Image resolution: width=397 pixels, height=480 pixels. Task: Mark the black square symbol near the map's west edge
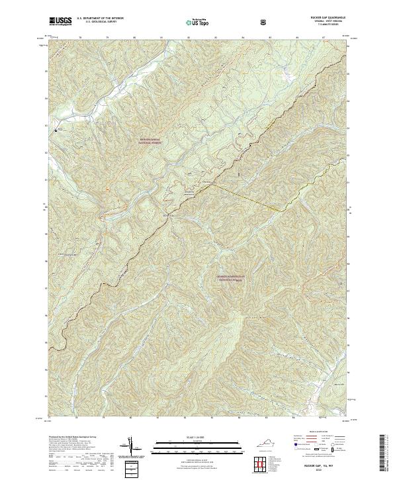tap(56, 130)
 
